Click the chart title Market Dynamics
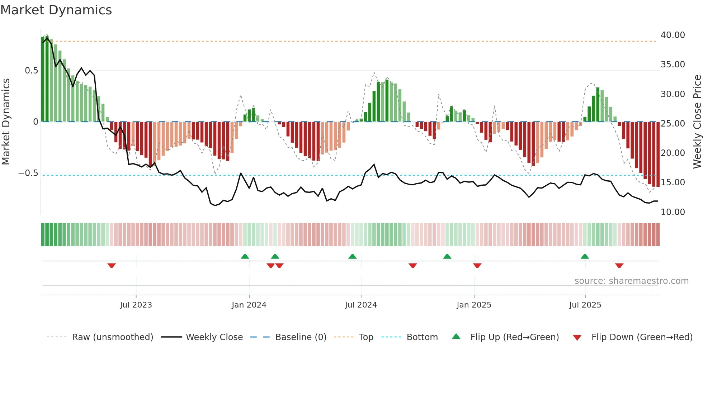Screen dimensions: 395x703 (x=56, y=10)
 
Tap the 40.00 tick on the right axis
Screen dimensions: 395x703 (x=673, y=35)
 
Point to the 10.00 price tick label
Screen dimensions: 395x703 (x=673, y=212)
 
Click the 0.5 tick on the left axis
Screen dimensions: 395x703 (x=31, y=71)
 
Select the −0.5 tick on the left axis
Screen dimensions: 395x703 (x=28, y=173)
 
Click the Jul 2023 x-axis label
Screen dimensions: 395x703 (x=136, y=305)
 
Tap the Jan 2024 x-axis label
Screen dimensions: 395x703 (x=249, y=305)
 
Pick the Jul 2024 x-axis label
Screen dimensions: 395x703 (x=361, y=305)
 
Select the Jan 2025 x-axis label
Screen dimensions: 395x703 (x=474, y=305)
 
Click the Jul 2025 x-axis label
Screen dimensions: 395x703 (x=585, y=305)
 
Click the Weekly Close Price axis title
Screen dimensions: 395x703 (x=697, y=122)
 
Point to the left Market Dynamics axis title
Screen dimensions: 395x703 (x=6, y=122)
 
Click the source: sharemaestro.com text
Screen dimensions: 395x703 (x=631, y=281)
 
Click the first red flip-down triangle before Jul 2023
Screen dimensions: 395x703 (x=112, y=266)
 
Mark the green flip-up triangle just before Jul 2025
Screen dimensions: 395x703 (x=585, y=256)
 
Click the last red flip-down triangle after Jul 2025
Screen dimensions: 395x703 (x=619, y=266)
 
